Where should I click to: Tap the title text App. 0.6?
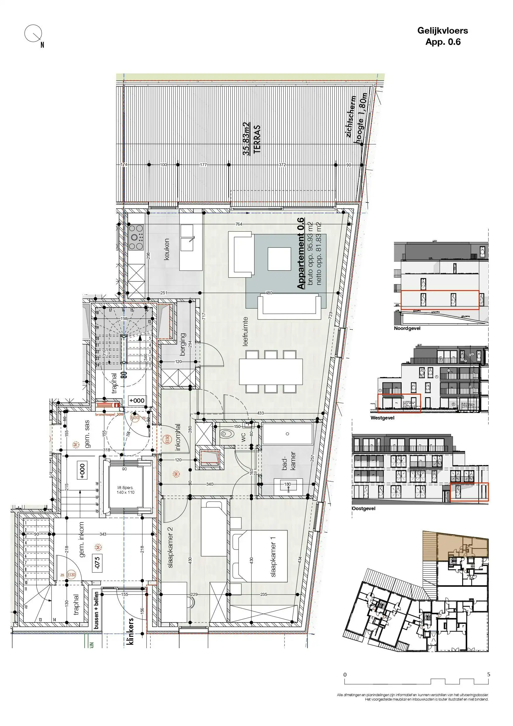[x=443, y=42]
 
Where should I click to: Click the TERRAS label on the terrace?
[x=257, y=139]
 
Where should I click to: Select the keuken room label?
[x=167, y=249]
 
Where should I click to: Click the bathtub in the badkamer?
[x=287, y=434]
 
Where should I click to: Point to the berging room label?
[x=183, y=344]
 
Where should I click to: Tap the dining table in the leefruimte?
[x=271, y=371]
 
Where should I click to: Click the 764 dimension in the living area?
[x=239, y=224]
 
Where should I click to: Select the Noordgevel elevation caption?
[x=407, y=328]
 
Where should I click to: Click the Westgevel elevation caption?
[x=382, y=418]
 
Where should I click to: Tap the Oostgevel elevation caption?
[x=364, y=508]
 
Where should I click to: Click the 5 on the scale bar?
[x=488, y=675]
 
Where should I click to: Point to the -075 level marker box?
[x=97, y=563]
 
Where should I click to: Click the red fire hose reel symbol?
[x=108, y=405]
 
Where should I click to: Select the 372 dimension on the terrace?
[x=282, y=165]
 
